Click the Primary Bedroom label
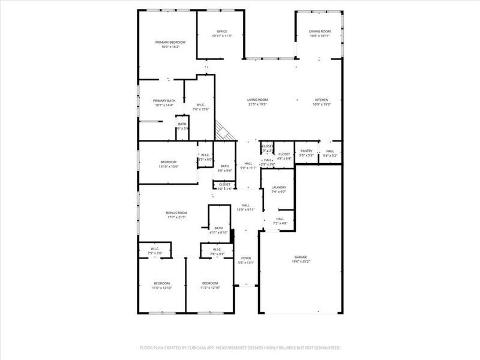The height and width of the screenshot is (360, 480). coord(170,42)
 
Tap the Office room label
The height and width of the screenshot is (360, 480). coord(222,31)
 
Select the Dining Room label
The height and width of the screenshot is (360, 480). coord(320,31)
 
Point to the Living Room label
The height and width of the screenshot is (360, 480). coord(258,100)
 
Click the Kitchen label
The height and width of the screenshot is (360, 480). coord(323,100)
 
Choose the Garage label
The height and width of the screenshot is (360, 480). coord(301,257)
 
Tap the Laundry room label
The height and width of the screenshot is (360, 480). coord(278,187)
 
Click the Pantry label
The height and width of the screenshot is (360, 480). coord(307,151)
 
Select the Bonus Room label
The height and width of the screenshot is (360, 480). coord(177,212)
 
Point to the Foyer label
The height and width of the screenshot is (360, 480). coord(246,258)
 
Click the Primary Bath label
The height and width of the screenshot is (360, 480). coord(164,101)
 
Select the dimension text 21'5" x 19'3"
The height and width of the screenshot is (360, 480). coord(258,104)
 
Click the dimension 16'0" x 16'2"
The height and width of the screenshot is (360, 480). coord(170,47)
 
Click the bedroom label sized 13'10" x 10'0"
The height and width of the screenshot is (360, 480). coord(169,162)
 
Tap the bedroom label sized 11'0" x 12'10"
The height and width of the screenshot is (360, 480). coord(161,283)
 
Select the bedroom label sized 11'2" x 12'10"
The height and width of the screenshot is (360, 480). coord(210,283)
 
